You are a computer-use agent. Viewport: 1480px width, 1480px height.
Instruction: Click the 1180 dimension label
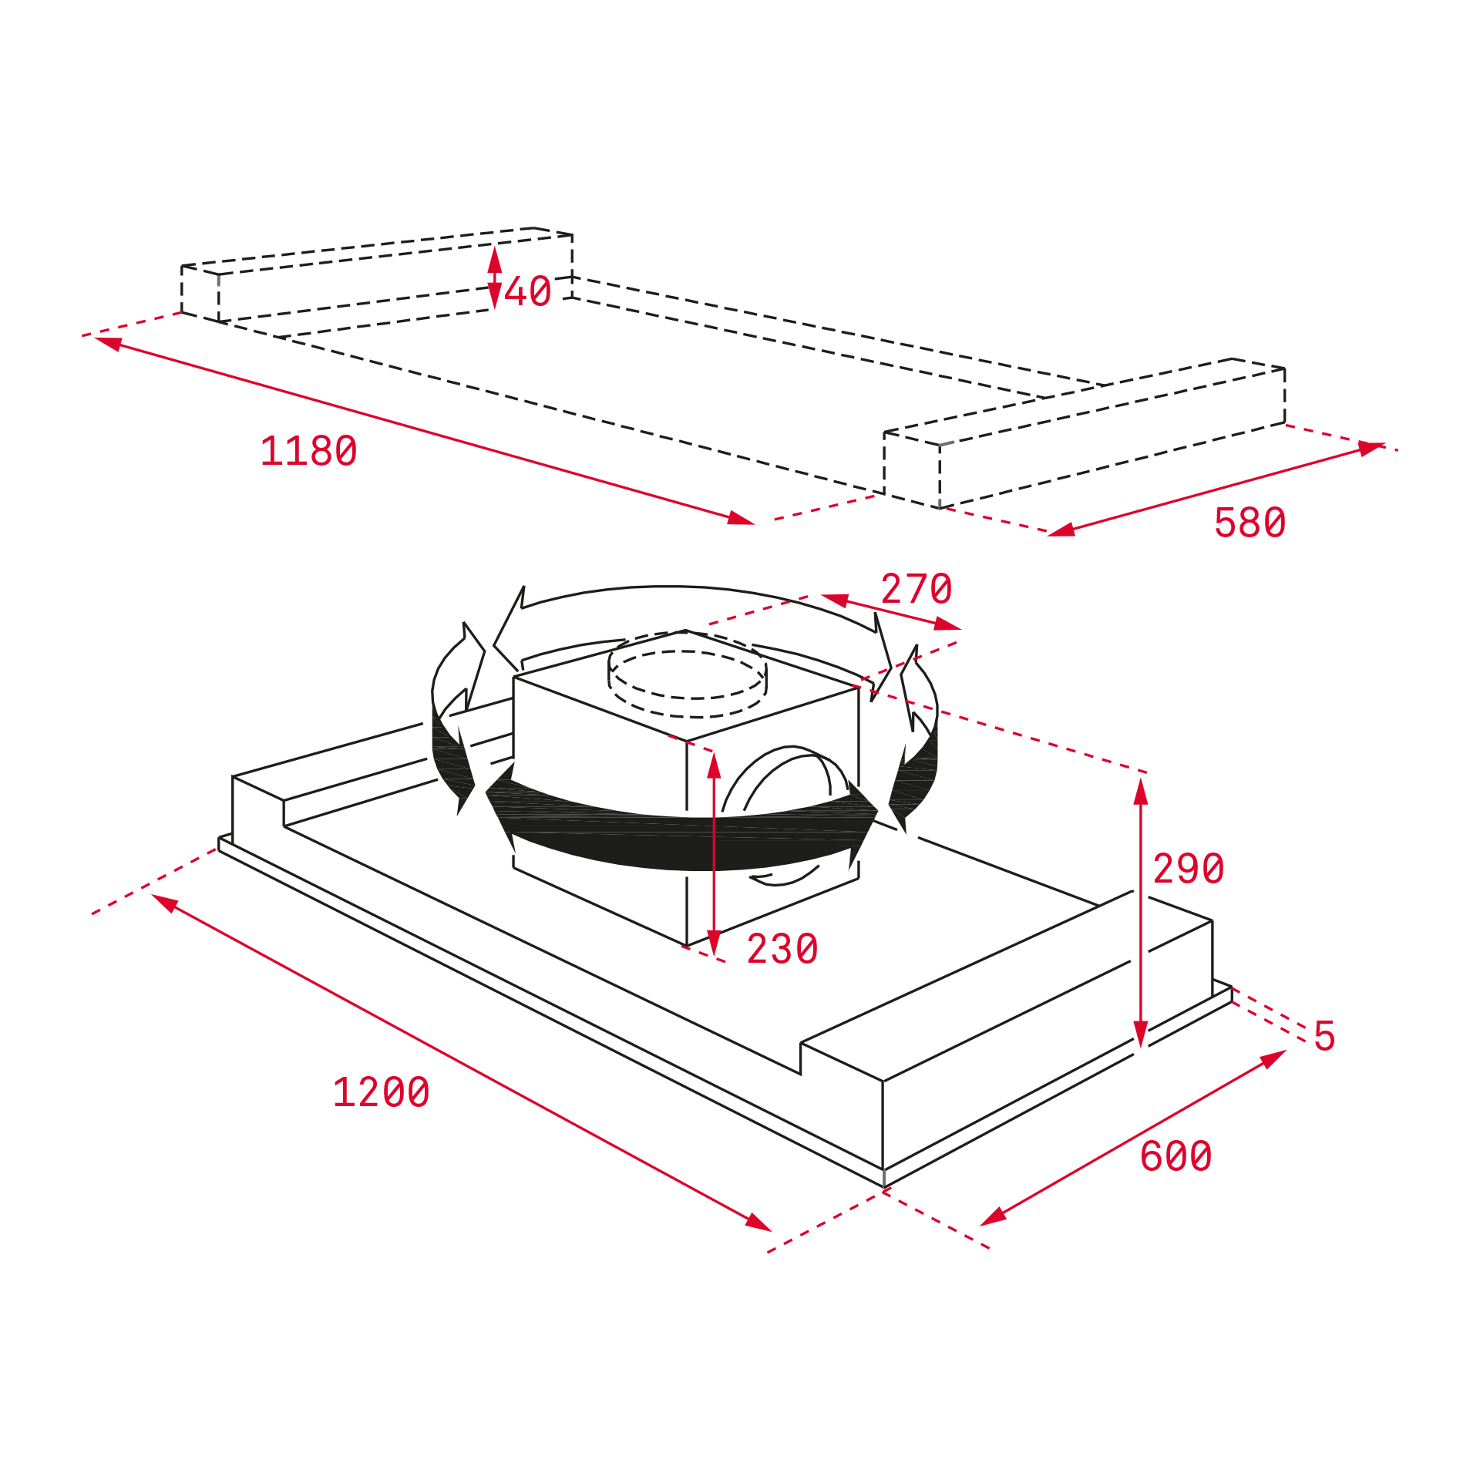309,452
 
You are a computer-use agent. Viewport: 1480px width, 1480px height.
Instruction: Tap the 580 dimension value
1250,523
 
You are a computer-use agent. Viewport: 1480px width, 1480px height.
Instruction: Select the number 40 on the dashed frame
528,291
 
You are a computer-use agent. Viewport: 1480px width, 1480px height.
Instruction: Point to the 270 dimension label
917,590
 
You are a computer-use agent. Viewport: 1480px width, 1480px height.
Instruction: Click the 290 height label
1189,869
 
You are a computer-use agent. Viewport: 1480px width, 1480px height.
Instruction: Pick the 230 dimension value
782,949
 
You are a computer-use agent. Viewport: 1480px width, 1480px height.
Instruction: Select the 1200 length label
382,1092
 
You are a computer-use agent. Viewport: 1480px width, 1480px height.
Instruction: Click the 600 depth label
1176,1156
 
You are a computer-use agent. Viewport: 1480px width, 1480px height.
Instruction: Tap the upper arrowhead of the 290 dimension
1141,791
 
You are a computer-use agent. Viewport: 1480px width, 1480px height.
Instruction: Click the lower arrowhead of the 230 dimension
715,943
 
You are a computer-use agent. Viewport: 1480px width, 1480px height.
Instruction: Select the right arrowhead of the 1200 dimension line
758,1222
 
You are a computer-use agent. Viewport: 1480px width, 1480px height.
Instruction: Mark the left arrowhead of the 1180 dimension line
109,343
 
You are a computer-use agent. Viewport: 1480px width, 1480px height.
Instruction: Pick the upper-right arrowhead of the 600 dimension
1274,1058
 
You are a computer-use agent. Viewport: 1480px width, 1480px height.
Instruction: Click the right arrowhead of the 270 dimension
947,624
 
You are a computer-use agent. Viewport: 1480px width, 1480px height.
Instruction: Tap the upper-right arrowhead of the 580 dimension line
1371,448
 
